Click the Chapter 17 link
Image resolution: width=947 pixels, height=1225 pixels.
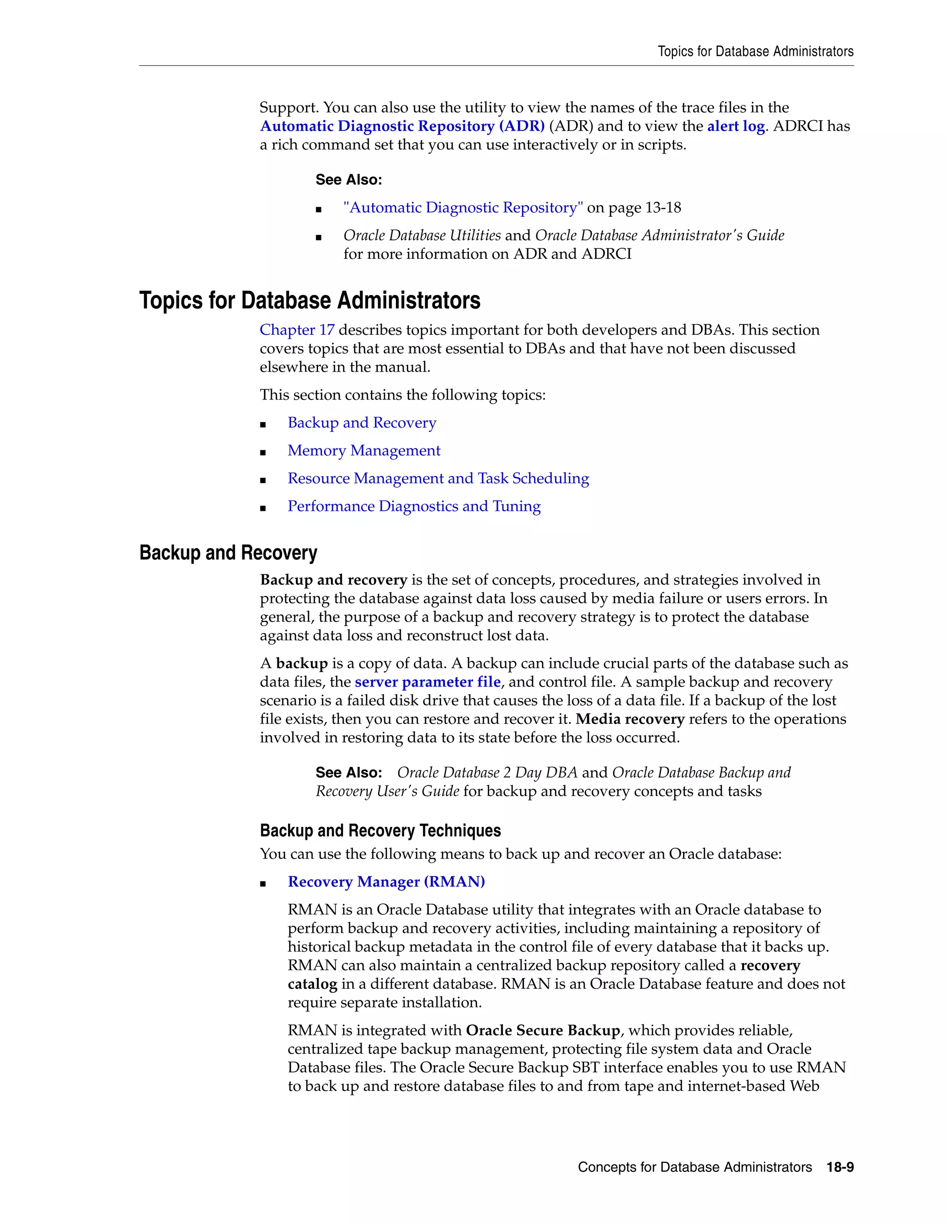tap(297, 330)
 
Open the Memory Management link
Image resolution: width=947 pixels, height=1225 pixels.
tap(363, 450)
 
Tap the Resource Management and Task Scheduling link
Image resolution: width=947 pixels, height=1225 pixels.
tap(438, 478)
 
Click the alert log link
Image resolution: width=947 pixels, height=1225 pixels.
tap(736, 126)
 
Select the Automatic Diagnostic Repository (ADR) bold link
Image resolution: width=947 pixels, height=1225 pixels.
tap(402, 126)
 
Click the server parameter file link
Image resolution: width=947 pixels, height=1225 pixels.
tap(428, 682)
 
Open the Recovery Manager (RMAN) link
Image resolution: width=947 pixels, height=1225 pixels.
tap(386, 882)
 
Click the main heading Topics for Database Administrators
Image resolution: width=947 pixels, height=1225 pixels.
tap(310, 300)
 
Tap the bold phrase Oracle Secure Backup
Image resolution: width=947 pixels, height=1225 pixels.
tap(542, 1030)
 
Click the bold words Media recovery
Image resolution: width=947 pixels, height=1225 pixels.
tap(629, 719)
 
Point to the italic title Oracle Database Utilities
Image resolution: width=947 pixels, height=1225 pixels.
tap(422, 236)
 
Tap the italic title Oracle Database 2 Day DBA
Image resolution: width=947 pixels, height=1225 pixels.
tap(487, 772)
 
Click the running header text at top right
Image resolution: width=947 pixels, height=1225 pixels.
tap(755, 52)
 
